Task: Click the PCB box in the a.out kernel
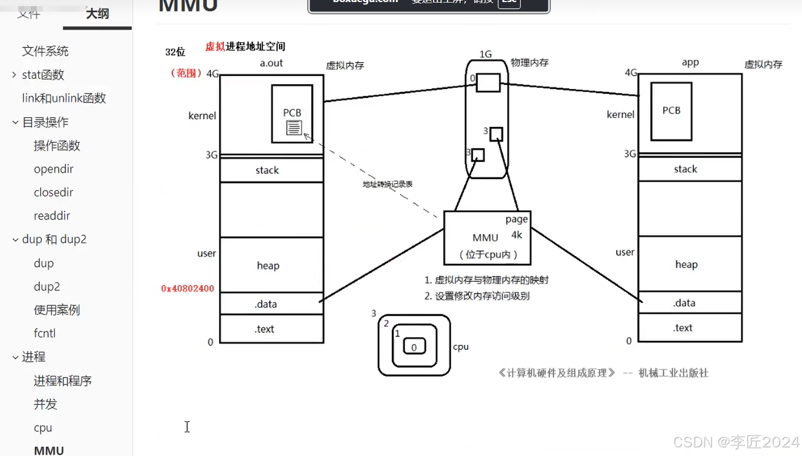pos(292,113)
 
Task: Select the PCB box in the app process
pos(671,111)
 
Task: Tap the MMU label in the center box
pos(485,238)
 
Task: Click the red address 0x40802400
pos(188,288)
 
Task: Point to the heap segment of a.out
pos(268,265)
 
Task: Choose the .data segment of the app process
pos(684,303)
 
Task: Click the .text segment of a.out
pos(264,329)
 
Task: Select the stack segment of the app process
pos(685,169)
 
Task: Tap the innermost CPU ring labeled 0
pos(414,347)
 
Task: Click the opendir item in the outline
pos(54,169)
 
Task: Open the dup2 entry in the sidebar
pos(47,287)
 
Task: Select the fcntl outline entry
pos(45,333)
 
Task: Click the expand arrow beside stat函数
pos(14,75)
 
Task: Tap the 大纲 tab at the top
pos(97,14)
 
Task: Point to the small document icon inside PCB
pos(294,127)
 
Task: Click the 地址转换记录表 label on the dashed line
pos(387,184)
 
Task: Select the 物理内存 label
pos(529,63)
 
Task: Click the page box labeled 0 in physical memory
pos(488,83)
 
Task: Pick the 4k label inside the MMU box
pos(517,235)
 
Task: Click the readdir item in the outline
pos(52,216)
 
